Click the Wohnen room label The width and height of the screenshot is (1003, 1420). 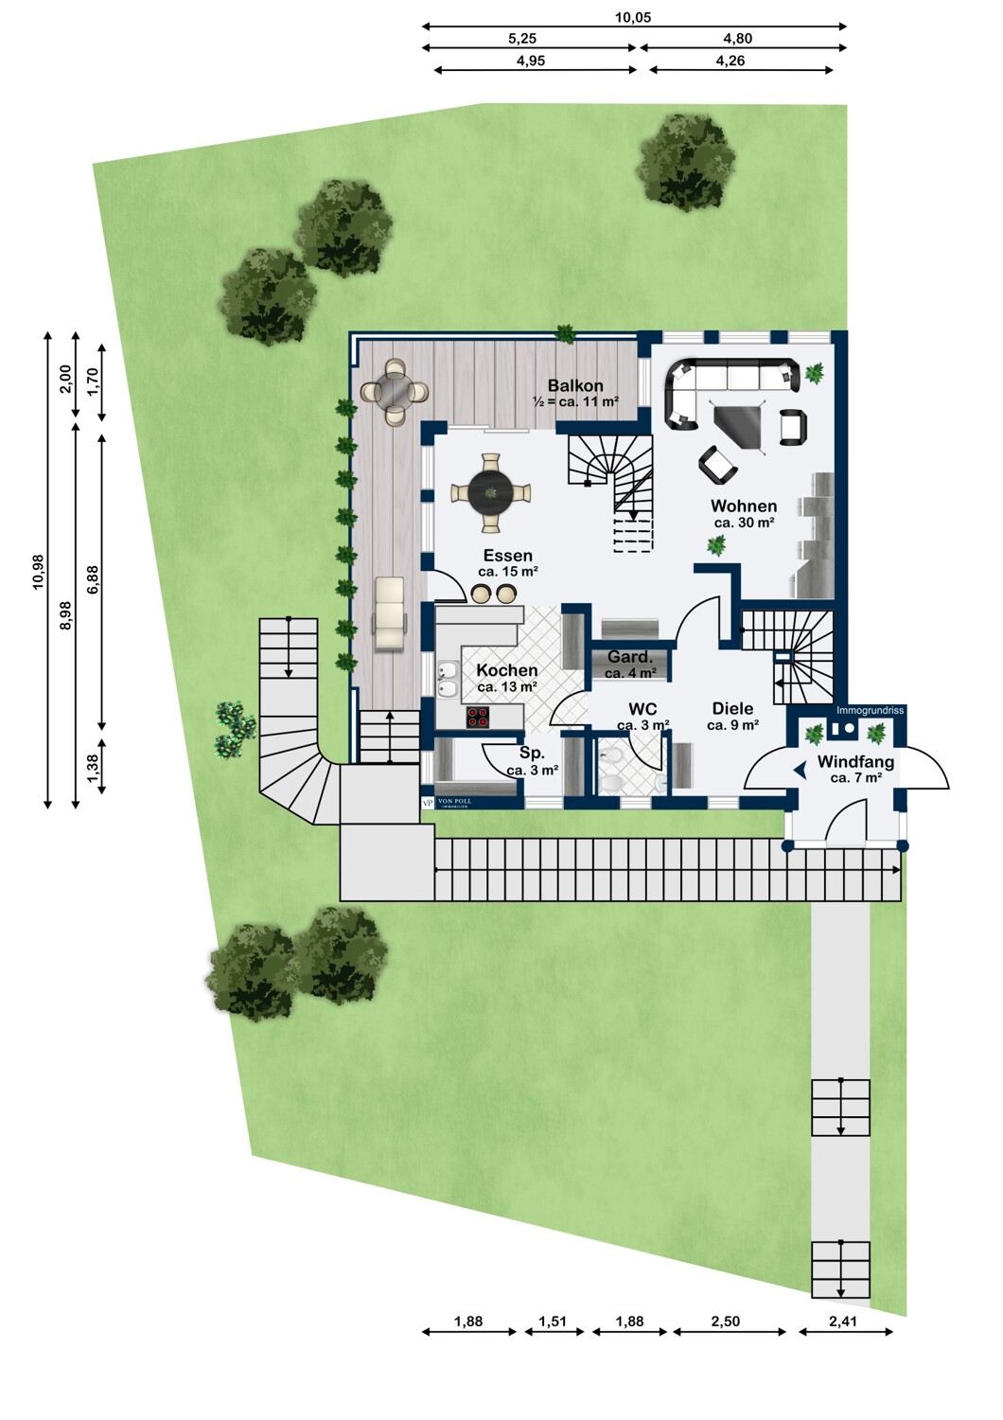[743, 506]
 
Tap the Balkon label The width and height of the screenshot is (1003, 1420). [575, 385]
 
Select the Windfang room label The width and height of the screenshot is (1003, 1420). [855, 761]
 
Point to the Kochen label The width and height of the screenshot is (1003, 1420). [507, 670]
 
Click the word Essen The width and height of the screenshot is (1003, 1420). [507, 556]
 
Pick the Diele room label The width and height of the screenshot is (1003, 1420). [733, 708]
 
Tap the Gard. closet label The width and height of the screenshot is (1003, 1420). [630, 657]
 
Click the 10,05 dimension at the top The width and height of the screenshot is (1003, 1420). [633, 17]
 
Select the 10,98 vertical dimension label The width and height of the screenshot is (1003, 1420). [38, 572]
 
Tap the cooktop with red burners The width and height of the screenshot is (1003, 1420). [479, 717]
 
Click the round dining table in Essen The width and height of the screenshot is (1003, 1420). [490, 492]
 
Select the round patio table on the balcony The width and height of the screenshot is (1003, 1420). [395, 393]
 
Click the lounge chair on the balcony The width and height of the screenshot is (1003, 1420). [389, 613]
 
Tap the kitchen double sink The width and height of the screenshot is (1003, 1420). [448, 679]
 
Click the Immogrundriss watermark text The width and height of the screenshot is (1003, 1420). [870, 711]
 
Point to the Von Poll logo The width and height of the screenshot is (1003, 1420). [447, 803]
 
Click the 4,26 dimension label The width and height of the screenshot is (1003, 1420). [730, 61]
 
